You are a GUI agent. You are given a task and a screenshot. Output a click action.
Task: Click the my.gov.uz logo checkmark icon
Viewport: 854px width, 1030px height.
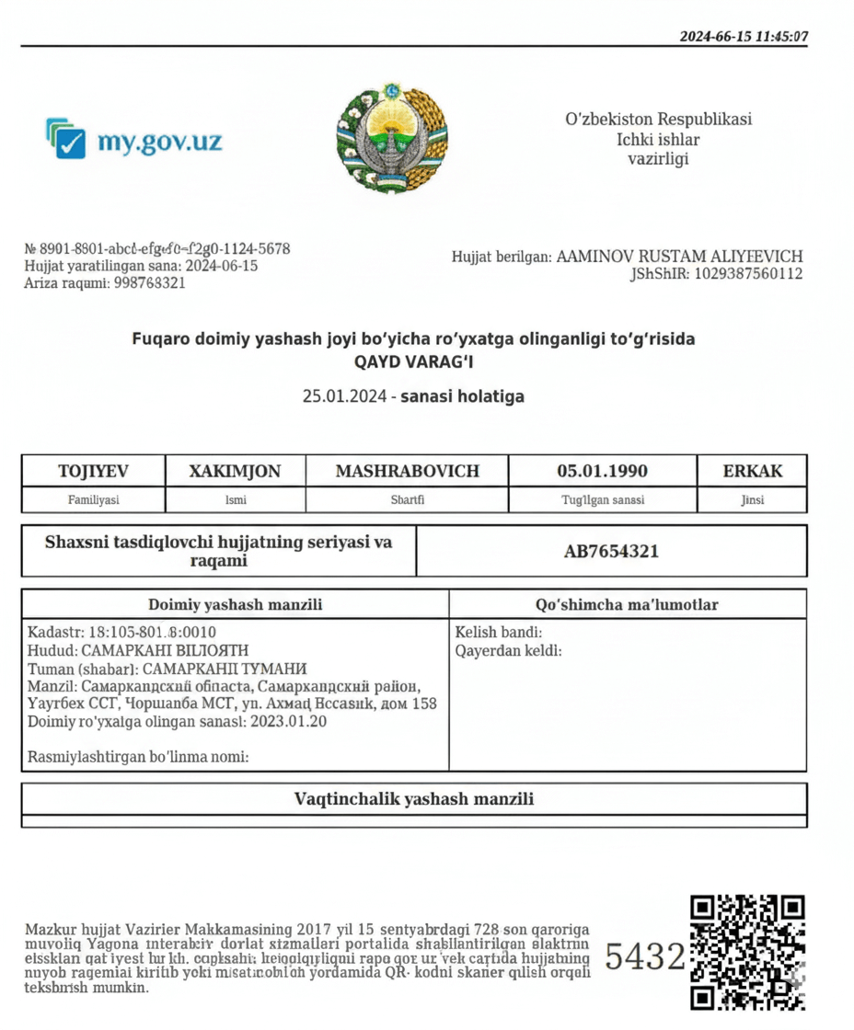66,139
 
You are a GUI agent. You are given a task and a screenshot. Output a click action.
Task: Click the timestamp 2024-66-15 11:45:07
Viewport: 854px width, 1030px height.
744,37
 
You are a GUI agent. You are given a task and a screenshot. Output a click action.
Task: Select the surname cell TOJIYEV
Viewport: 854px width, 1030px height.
93,471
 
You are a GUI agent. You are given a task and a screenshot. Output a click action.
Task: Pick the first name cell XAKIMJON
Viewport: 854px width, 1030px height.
235,471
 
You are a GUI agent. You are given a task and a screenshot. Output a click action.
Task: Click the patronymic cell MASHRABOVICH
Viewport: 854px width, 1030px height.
407,471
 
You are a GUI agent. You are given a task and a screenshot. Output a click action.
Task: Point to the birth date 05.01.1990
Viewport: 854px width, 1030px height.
602,471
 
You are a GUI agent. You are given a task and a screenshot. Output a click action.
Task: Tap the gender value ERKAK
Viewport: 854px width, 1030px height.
752,471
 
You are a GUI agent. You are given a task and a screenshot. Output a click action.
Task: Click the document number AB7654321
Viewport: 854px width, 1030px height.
611,552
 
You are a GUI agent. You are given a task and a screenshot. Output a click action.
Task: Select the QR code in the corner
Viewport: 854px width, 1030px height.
747,953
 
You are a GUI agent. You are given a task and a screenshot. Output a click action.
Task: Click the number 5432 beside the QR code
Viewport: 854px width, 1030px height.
645,957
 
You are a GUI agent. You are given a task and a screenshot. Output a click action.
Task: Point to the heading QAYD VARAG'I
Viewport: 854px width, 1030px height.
413,361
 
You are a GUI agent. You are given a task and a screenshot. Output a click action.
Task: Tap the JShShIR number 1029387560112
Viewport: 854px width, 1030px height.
748,274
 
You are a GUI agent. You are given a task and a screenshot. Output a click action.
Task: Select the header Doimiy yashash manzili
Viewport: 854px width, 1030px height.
235,604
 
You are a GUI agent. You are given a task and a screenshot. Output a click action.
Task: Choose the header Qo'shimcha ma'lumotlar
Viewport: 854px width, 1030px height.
627,604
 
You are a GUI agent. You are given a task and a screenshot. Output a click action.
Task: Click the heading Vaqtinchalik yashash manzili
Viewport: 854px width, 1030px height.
413,798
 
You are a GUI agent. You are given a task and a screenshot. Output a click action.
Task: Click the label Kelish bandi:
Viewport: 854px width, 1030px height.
498,633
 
